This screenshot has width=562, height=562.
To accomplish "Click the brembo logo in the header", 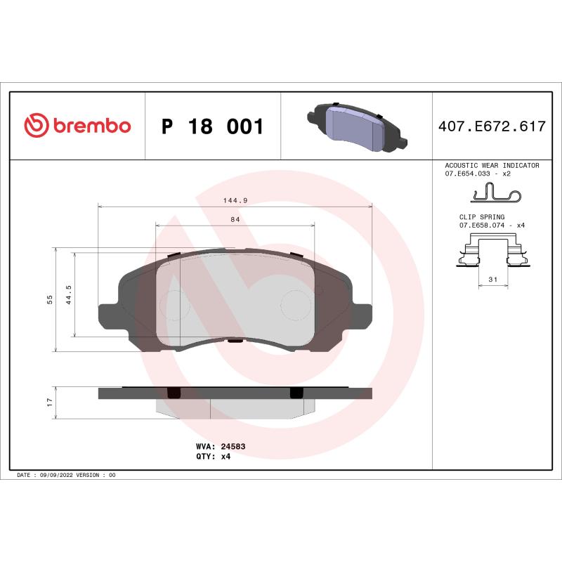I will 77,126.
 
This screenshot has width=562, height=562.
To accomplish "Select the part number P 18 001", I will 212,127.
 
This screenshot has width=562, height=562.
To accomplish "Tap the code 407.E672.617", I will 492,127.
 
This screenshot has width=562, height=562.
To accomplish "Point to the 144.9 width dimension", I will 235,200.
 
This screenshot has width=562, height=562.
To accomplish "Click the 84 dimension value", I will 235,220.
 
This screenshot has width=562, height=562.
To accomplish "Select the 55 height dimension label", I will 50,299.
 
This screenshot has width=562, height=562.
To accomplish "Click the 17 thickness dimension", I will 50,402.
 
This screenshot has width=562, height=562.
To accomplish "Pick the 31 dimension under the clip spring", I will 492,280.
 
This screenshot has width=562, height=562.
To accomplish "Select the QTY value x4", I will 226,456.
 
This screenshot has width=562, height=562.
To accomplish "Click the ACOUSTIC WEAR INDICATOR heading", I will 492,165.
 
